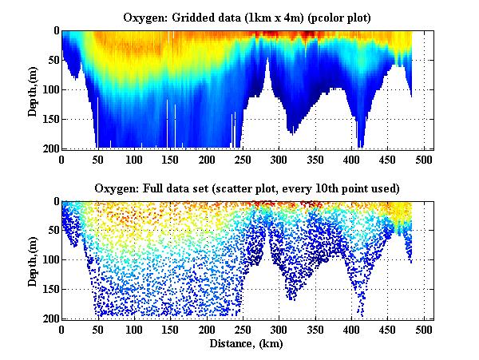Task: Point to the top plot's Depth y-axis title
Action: click(x=33, y=89)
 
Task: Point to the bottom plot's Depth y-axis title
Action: click(x=33, y=260)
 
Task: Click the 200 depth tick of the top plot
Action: click(x=49, y=148)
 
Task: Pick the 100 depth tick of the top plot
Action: click(x=49, y=89)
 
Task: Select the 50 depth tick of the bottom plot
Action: click(x=52, y=231)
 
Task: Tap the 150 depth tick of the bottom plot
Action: click(x=49, y=290)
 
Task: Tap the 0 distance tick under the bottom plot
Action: click(x=62, y=330)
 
